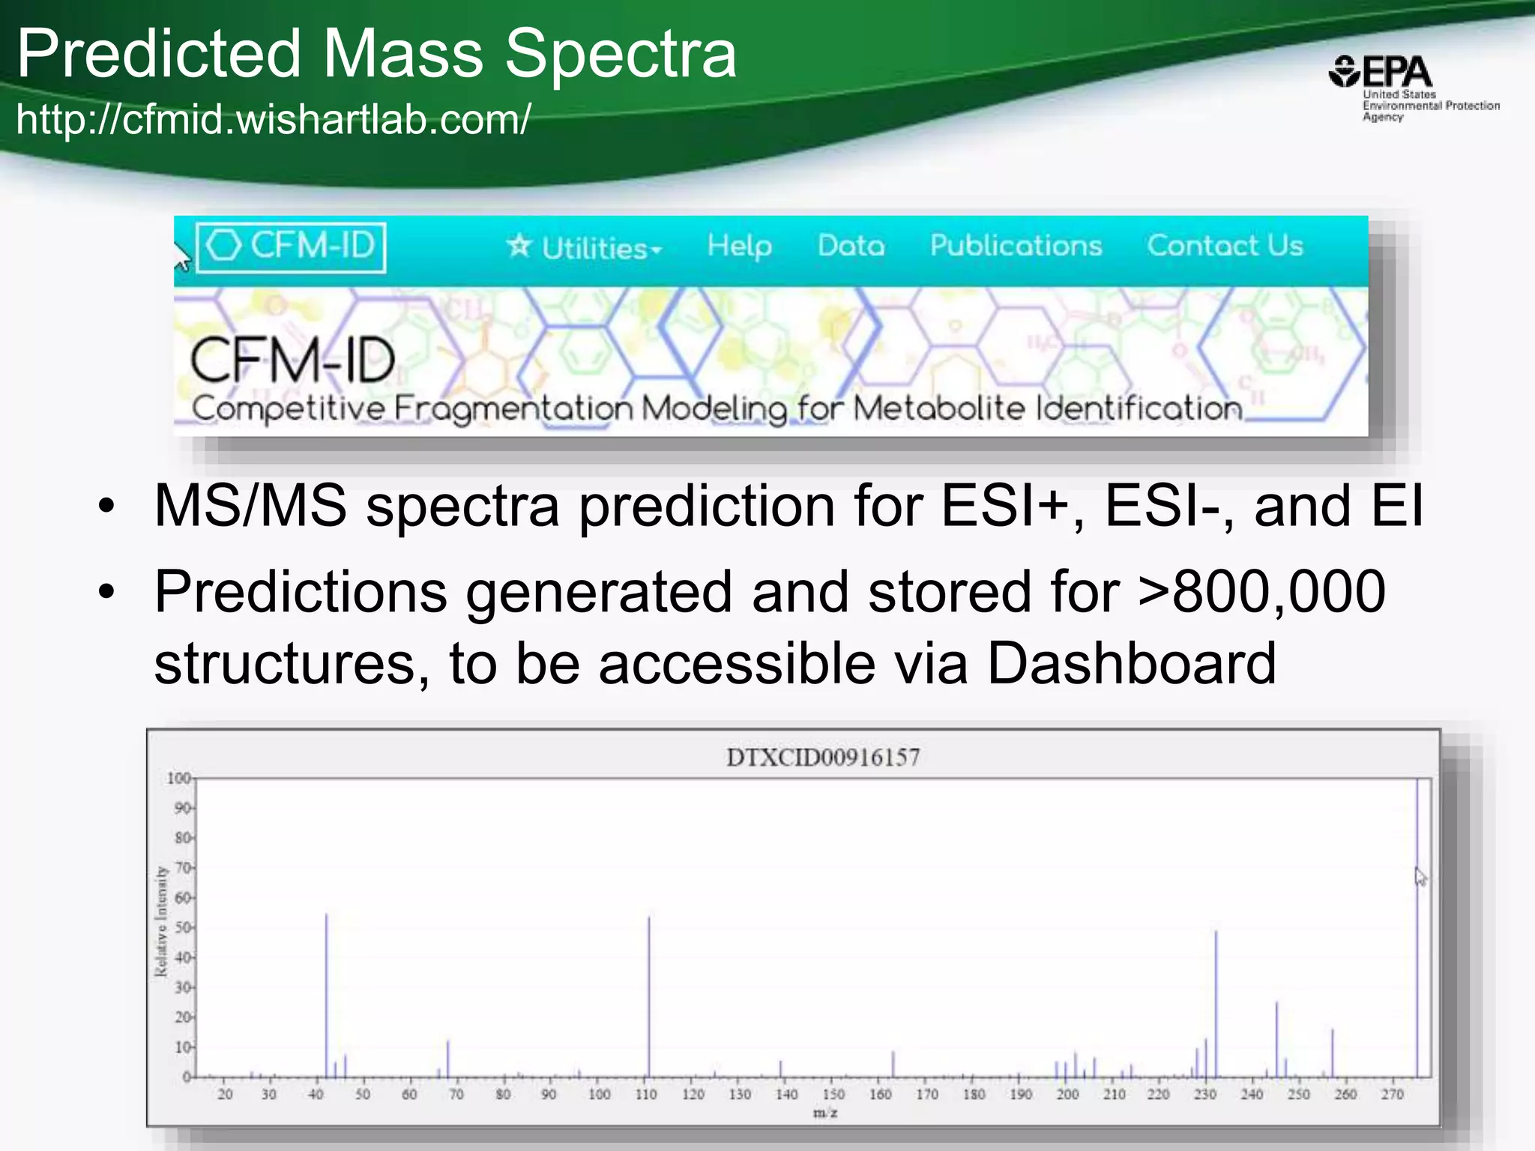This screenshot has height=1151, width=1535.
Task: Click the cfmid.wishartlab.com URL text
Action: coord(274,119)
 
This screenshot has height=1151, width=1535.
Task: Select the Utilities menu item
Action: coord(585,247)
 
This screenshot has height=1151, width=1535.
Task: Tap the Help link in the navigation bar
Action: coord(739,246)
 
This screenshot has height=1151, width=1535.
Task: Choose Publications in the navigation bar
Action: coord(1016,246)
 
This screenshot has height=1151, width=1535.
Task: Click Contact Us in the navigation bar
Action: coord(1225,246)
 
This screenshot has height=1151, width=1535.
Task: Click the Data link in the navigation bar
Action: coord(851,246)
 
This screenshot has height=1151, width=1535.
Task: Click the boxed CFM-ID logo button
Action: coord(291,247)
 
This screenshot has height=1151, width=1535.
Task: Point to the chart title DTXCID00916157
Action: coord(822,758)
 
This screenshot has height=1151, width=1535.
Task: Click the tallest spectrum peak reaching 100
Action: coord(1417,929)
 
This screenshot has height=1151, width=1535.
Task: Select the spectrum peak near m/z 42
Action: coord(326,997)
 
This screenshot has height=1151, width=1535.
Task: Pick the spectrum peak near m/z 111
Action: coord(649,997)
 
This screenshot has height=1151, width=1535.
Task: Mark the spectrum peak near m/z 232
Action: coord(1216,1004)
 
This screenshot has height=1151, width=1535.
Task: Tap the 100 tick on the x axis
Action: coord(599,1095)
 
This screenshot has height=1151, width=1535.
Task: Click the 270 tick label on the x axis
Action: coord(1392,1095)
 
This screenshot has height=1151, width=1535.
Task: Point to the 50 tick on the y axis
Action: coord(182,928)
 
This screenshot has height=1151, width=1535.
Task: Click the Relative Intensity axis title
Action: coord(160,922)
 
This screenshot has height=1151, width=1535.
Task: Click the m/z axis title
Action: coord(825,1113)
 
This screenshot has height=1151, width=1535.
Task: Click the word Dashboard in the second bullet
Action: coord(1131,663)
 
